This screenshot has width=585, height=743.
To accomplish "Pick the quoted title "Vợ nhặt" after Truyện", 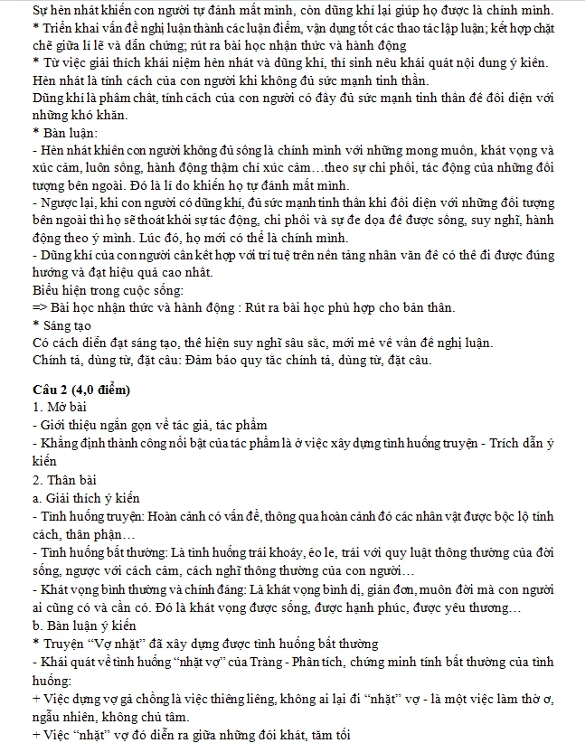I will pos(112,644).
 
